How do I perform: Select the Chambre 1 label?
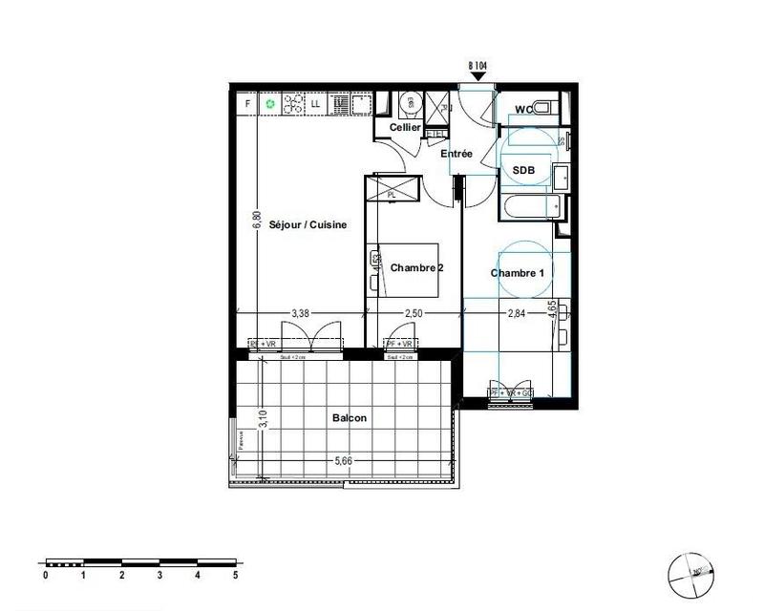(x=518, y=273)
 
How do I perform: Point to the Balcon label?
(x=350, y=418)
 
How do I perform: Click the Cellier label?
(x=405, y=128)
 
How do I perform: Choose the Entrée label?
(x=456, y=154)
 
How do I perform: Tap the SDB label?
(x=523, y=171)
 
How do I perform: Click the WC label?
(x=523, y=110)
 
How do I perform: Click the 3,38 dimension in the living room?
(x=299, y=312)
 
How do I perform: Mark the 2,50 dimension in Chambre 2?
(x=414, y=312)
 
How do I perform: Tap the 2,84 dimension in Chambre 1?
(x=517, y=312)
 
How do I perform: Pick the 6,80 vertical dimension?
(x=256, y=220)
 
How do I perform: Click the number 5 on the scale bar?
(x=235, y=576)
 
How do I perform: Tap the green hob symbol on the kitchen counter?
(x=271, y=102)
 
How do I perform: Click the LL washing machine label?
(x=315, y=102)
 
